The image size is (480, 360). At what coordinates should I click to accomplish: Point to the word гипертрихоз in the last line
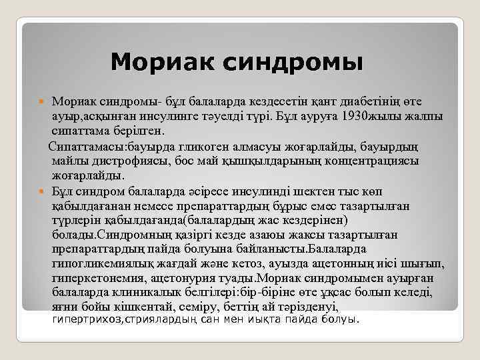coord(83,320)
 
